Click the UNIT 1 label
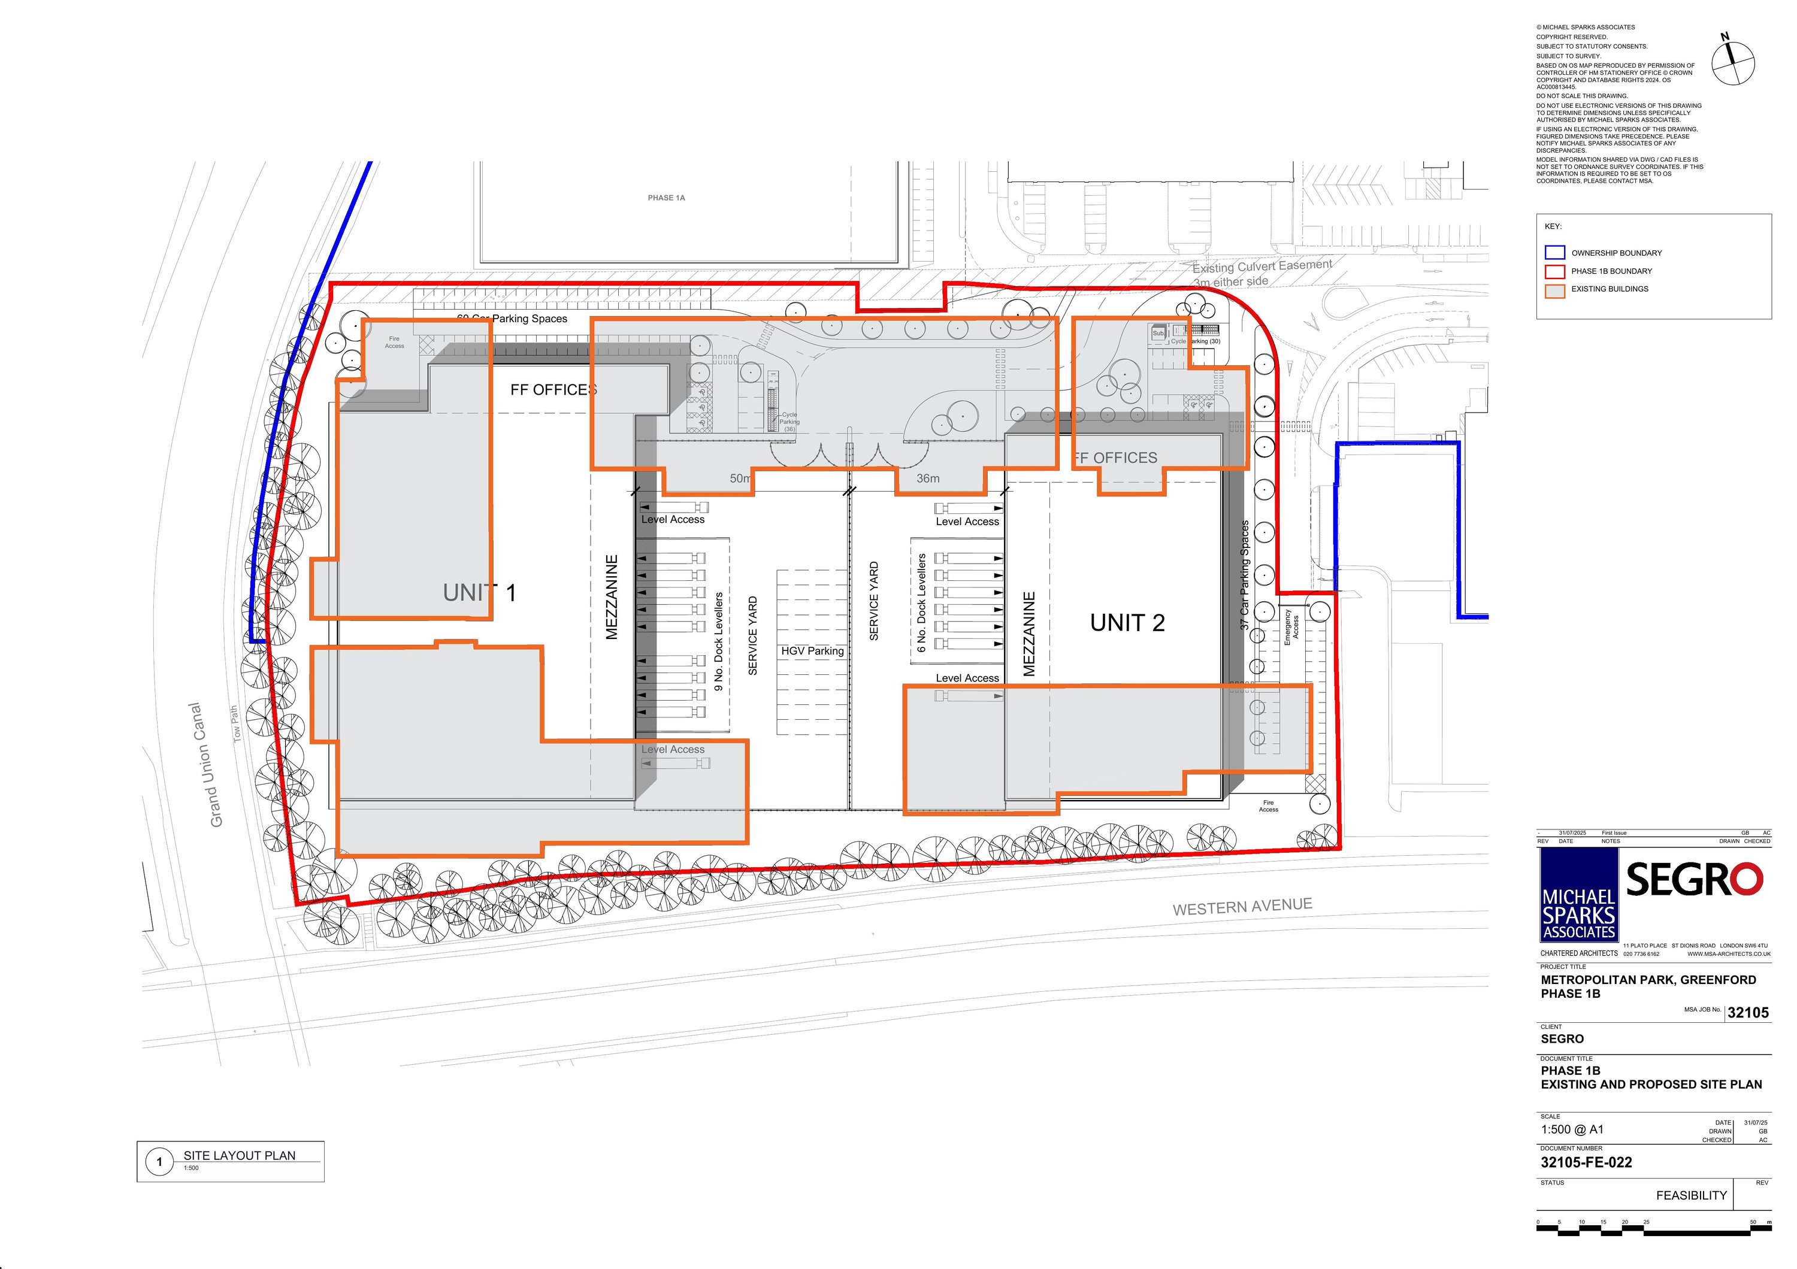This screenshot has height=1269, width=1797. [x=479, y=593]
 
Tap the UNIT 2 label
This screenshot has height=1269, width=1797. [x=1127, y=623]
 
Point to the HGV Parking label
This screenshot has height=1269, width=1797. [x=812, y=651]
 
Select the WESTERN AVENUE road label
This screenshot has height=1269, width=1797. [x=1242, y=906]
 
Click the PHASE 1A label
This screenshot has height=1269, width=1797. [x=666, y=198]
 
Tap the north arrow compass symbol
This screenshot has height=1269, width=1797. [x=1733, y=63]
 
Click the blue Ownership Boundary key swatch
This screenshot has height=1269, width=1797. [x=1554, y=253]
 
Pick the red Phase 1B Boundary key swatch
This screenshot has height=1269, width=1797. [x=1554, y=271]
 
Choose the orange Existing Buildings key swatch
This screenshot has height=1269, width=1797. [x=1554, y=289]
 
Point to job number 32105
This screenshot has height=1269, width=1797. [x=1748, y=1012]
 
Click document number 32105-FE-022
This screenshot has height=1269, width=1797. [x=1587, y=1162]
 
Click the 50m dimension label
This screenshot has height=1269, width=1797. [x=740, y=478]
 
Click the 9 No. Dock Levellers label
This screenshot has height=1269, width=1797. [x=718, y=641]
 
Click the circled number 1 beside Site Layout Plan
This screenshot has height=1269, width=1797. [x=160, y=1162]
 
